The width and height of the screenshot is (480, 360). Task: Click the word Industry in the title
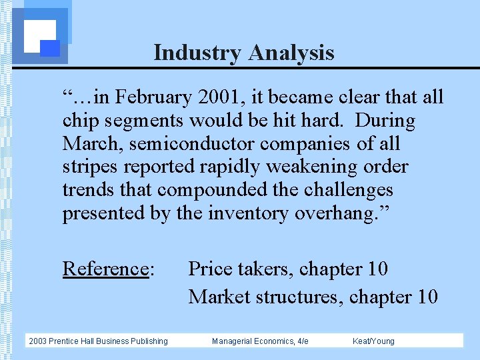coord(198,53)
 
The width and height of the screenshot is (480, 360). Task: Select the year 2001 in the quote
coord(221,98)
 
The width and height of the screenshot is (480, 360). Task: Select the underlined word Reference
coord(105,269)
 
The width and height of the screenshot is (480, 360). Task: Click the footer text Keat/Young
coord(373,341)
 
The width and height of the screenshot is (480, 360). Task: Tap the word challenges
coord(349,190)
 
